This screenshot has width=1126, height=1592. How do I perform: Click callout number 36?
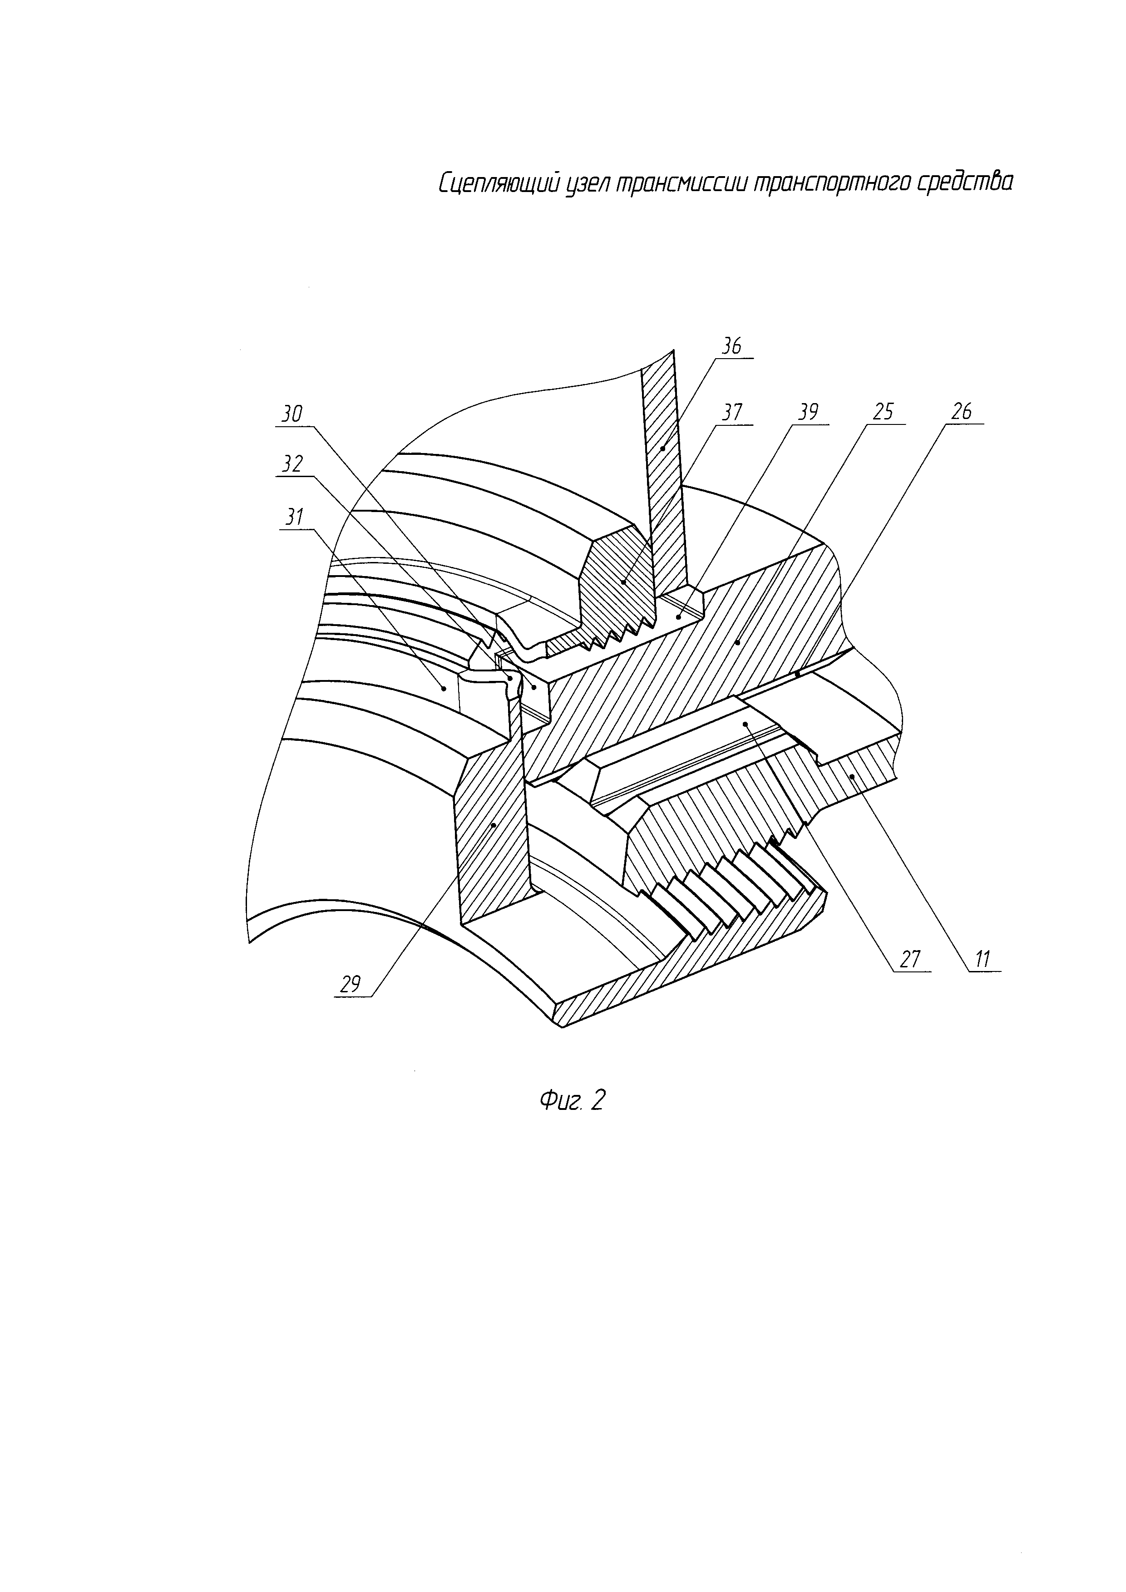pos(731,345)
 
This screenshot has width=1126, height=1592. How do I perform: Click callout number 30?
pos(292,414)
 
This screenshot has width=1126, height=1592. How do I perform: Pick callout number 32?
pos(292,464)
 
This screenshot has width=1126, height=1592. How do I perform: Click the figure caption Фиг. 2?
pos(573,1100)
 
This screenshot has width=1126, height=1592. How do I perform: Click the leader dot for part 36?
pos(663,448)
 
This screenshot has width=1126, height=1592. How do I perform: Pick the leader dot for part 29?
pos(493,824)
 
